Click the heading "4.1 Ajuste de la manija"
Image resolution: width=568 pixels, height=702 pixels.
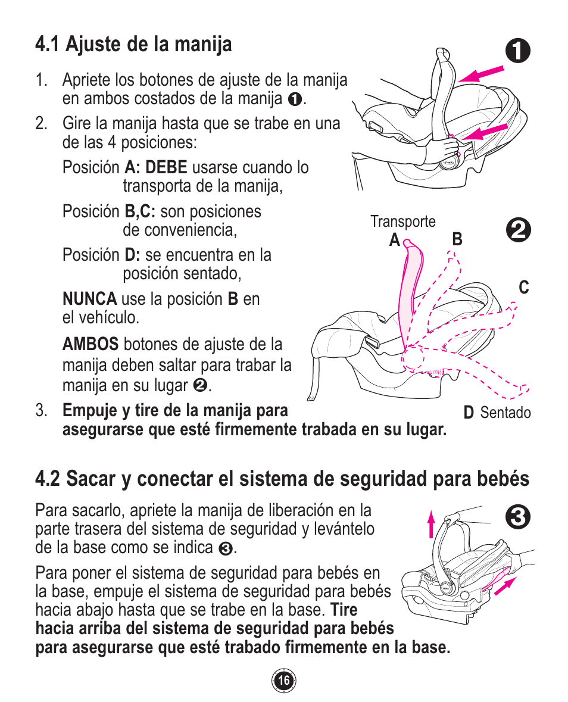[x=133, y=44]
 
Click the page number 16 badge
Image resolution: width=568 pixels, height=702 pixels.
[x=284, y=681]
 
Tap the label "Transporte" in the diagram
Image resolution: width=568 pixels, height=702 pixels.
[x=402, y=221]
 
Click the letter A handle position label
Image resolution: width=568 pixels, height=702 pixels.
[x=394, y=240]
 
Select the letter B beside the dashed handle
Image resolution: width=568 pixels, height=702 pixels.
[x=457, y=240]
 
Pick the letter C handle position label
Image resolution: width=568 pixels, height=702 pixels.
[x=523, y=288]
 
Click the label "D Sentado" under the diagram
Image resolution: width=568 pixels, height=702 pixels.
[x=497, y=413]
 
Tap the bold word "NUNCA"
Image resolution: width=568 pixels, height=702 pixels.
[x=89, y=298]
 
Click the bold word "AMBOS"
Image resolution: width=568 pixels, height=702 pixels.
[x=90, y=344]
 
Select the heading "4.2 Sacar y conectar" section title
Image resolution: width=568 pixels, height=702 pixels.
[x=282, y=478]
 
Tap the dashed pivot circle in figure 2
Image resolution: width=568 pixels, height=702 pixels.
[x=412, y=359]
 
